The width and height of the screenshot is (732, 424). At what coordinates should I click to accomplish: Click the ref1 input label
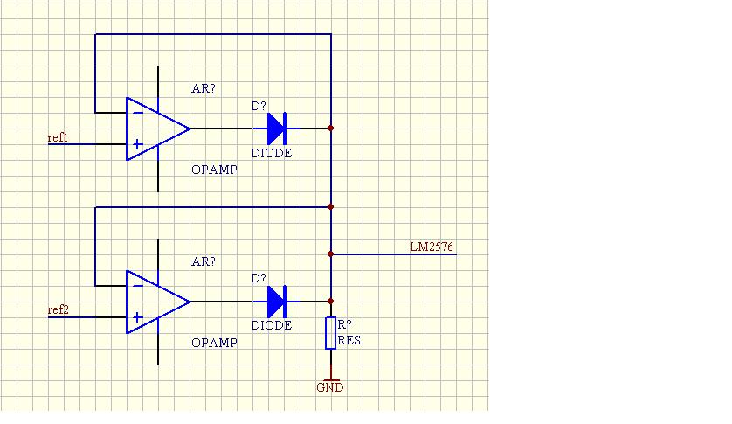[58, 137]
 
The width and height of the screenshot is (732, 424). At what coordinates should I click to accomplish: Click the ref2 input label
[58, 310]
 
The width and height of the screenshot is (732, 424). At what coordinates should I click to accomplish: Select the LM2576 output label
[432, 247]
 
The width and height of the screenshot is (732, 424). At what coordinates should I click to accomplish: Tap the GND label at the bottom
[330, 387]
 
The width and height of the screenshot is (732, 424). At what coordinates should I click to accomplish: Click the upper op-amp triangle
[158, 129]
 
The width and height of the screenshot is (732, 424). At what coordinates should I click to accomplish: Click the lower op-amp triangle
[158, 302]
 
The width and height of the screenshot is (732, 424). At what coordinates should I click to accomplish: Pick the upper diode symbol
[276, 129]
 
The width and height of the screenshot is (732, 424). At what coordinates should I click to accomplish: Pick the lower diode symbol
[276, 302]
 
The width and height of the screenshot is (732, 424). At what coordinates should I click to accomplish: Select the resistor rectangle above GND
[330, 333]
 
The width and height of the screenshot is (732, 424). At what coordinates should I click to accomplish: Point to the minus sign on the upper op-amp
[138, 113]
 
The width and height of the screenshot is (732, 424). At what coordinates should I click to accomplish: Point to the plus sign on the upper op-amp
[137, 144]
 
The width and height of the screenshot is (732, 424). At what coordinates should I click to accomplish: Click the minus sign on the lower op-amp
[138, 286]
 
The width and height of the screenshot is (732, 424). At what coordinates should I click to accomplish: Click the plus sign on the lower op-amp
[137, 318]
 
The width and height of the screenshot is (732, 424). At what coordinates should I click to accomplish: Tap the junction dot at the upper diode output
[330, 129]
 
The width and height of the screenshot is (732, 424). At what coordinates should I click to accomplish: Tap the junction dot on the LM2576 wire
[330, 254]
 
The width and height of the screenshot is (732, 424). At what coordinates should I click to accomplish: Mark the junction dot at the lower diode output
[330, 302]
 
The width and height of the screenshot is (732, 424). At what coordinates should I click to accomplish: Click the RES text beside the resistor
[349, 340]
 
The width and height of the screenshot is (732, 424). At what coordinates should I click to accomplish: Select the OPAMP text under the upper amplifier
[214, 170]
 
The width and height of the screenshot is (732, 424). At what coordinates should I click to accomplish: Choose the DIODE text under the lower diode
[272, 325]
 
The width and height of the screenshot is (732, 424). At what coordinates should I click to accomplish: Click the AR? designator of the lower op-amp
[204, 261]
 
